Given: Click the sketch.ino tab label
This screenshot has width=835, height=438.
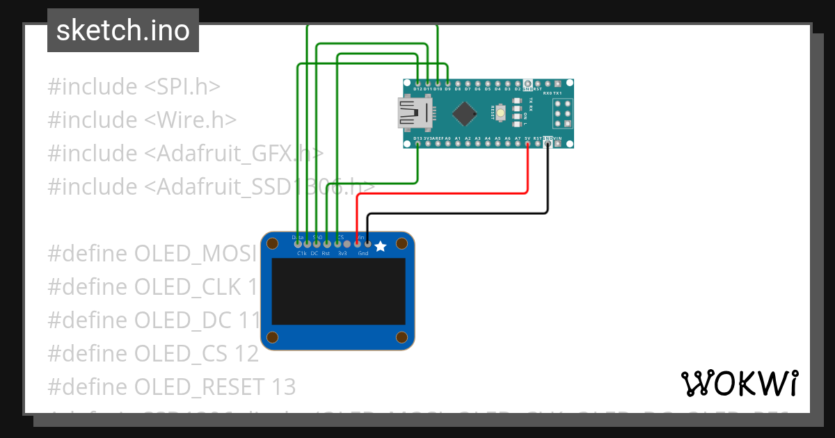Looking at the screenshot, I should pos(123,31).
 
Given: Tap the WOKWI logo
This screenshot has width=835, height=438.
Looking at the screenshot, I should pos(739,383).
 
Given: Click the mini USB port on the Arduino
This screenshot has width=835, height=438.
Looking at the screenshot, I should pos(415,113).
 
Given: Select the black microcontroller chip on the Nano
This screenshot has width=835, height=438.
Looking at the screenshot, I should pos(464,113).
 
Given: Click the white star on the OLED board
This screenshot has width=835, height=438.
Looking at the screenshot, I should pos(380,246).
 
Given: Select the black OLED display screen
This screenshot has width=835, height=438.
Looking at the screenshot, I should pos(338,292).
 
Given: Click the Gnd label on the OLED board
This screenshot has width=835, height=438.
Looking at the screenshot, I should pos(363,254).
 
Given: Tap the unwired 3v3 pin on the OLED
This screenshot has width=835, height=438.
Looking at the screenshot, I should pos(347,243).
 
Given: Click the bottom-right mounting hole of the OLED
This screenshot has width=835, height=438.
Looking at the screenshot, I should pos(401,337).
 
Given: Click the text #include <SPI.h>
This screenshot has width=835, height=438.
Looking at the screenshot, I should pos(134,87).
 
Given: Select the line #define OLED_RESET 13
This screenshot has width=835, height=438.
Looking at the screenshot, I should pos(171,387).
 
